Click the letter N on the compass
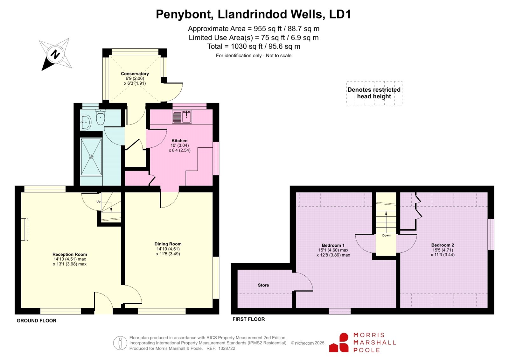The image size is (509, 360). [x=55, y=54]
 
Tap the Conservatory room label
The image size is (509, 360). [x=135, y=74]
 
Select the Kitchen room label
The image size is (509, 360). [x=179, y=141]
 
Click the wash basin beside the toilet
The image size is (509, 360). [x=86, y=122]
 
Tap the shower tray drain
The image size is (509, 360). [x=91, y=157]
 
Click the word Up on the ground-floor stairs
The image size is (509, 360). [x=98, y=201]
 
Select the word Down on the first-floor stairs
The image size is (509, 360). [x=386, y=235]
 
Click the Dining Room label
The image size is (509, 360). [x=168, y=244]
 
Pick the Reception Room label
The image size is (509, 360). [x=70, y=254]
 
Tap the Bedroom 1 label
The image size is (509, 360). [x=333, y=245]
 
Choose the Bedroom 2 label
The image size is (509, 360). [x=443, y=245]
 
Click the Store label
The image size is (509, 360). [x=263, y=285]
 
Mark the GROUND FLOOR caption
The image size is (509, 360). [x=37, y=321]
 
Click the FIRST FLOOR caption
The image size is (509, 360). [x=248, y=319]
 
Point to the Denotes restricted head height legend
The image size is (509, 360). [x=374, y=93]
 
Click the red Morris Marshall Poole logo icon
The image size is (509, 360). [x=339, y=342]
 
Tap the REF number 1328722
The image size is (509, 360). [x=227, y=349]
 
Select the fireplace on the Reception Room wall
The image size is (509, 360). [x=25, y=229]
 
